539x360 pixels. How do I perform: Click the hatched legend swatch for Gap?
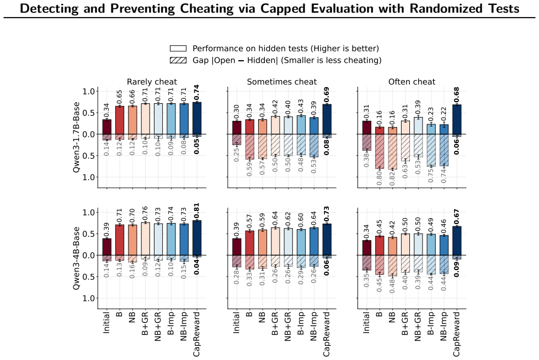(178, 60)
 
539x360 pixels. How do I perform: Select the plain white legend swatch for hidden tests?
(178, 49)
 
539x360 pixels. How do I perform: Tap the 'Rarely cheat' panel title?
(152, 82)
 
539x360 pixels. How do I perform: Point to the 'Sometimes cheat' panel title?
(281, 82)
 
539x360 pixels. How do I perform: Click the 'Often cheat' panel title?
(412, 82)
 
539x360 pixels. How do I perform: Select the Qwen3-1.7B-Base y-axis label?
(76, 137)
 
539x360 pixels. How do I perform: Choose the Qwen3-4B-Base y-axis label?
(76, 258)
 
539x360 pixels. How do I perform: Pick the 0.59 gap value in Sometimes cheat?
(249, 168)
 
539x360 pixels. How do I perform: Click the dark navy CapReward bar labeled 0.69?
(327, 119)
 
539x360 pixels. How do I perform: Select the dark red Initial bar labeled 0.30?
(237, 128)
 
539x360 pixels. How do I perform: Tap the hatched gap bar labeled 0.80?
(379, 151)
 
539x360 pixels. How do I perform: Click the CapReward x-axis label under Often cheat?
(456, 334)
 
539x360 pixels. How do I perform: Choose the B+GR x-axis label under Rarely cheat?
(145, 324)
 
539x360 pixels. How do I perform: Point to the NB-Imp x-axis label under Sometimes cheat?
(313, 326)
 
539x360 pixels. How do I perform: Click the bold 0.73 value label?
(327, 215)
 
